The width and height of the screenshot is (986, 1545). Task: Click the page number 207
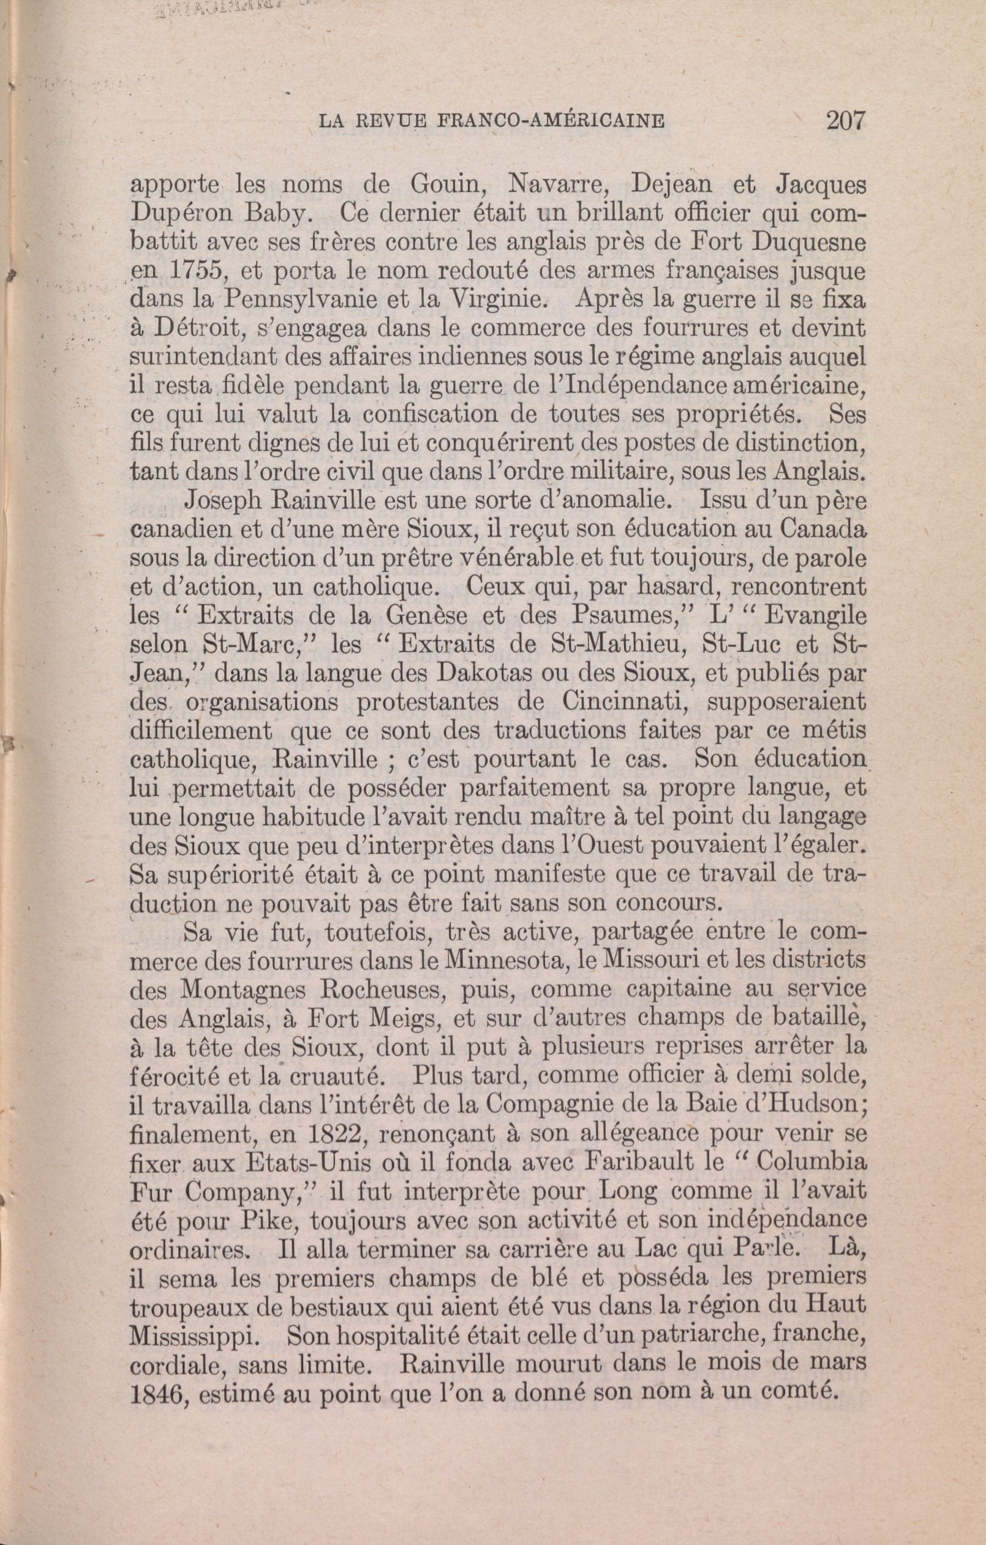click(846, 121)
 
